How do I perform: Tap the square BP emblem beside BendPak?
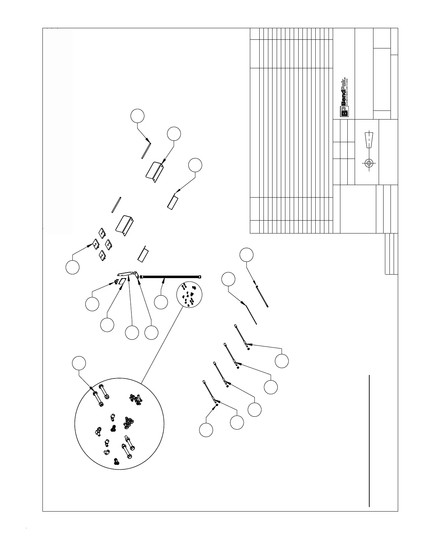(x=344, y=112)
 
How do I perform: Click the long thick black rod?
(x=171, y=277)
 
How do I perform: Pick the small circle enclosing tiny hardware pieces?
(x=189, y=295)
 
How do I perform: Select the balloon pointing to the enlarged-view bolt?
(x=79, y=363)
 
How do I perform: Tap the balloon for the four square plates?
(x=72, y=267)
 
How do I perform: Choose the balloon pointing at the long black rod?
(x=161, y=302)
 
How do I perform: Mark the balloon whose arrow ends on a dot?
(x=206, y=430)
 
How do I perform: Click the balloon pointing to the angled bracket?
(x=174, y=135)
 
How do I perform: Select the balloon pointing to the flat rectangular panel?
(x=195, y=165)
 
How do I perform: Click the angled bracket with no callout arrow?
(x=125, y=225)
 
